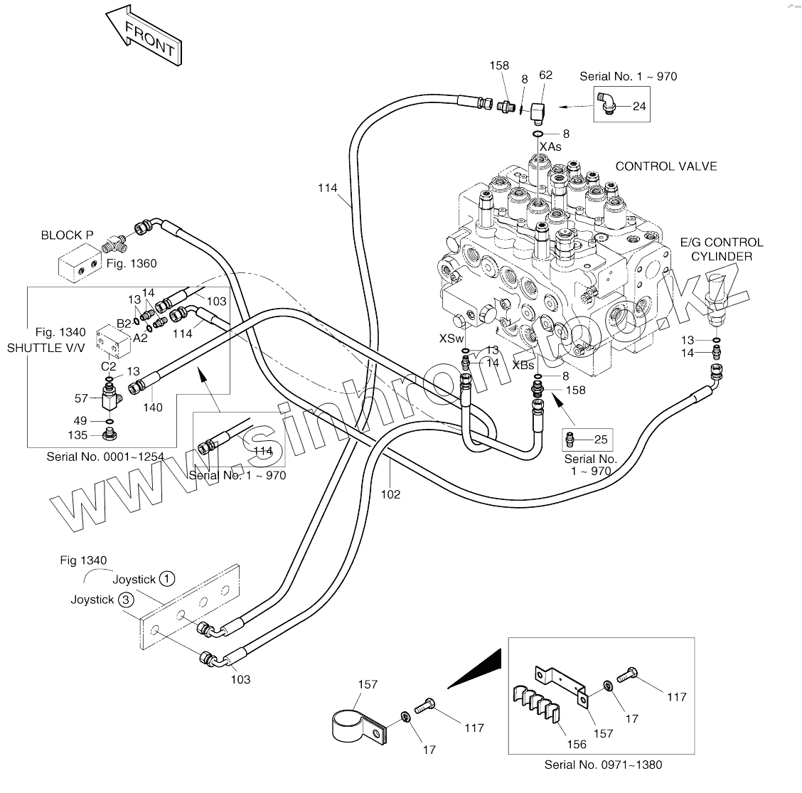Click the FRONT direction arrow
(144, 36)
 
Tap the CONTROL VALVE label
(666, 166)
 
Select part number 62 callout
(546, 75)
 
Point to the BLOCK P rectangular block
(80, 262)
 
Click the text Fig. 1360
(132, 263)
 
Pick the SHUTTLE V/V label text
(46, 348)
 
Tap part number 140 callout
(152, 408)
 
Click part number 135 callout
(77, 435)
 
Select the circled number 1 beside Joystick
(167, 579)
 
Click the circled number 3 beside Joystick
(126, 599)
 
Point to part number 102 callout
(390, 495)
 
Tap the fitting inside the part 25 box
(571, 439)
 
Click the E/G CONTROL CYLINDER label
(721, 249)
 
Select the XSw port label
(451, 339)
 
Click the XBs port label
(523, 366)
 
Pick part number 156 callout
(577, 745)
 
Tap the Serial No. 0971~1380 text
(603, 765)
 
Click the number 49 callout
(80, 421)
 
